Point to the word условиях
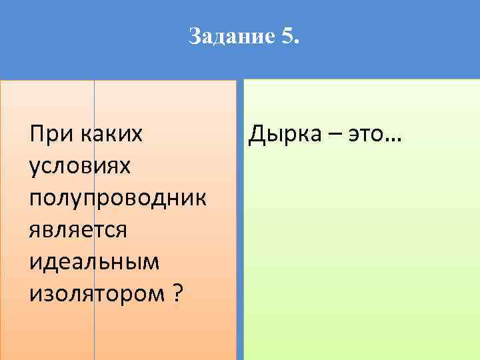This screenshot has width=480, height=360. point(81,167)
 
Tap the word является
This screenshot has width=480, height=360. point(78,228)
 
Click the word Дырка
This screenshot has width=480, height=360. point(285,136)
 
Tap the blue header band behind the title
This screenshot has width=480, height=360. point(400,40)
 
